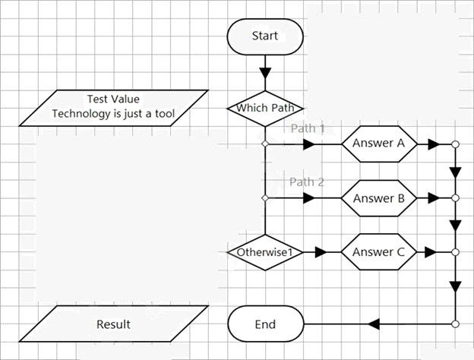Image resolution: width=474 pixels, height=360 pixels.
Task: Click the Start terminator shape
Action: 265,36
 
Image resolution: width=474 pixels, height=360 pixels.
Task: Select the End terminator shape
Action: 265,324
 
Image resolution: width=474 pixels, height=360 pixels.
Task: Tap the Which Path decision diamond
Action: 265,108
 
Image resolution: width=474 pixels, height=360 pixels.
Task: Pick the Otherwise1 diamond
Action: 265,252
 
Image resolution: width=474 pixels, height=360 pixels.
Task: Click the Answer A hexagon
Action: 379,144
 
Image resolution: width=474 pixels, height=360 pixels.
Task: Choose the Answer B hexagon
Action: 379,198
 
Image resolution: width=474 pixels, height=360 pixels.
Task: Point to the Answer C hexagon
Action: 379,252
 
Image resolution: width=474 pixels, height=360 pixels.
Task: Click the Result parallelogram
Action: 114,324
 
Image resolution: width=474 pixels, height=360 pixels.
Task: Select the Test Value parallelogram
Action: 114,108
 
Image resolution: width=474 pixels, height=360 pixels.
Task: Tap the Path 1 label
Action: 308,128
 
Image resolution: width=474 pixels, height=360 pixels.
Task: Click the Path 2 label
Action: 307,182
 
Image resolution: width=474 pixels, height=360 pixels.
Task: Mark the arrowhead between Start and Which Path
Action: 265,74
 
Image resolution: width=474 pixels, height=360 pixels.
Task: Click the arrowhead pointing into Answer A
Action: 309,144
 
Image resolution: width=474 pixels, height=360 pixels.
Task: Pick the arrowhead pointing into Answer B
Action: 309,198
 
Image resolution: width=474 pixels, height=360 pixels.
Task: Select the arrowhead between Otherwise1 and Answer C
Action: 321,252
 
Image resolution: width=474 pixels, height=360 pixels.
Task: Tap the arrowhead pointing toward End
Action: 374,324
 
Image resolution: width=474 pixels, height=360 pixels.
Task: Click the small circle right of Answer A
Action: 455,144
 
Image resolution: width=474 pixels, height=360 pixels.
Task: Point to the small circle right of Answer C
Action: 455,252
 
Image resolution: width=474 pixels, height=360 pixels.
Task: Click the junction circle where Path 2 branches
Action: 265,198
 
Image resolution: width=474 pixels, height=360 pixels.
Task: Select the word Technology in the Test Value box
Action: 81,114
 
